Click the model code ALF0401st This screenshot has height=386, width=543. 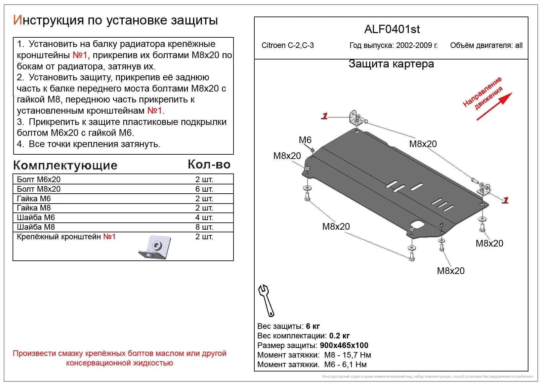click(x=392, y=29)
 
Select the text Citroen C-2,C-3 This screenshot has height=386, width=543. click(x=287, y=46)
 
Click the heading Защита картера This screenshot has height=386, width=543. click(x=391, y=64)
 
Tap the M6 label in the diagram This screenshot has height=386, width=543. click(x=305, y=140)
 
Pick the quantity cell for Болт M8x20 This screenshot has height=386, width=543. click(x=204, y=189)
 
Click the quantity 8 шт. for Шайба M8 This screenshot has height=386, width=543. click(x=204, y=227)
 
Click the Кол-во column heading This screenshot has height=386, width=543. click(x=209, y=165)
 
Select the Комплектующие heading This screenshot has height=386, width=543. click(x=65, y=165)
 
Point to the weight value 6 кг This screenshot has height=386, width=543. click(x=313, y=327)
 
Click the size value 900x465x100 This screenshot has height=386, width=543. click(x=344, y=346)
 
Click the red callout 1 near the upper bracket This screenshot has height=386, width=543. click(x=324, y=116)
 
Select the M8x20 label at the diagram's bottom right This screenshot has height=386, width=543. click(x=489, y=244)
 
